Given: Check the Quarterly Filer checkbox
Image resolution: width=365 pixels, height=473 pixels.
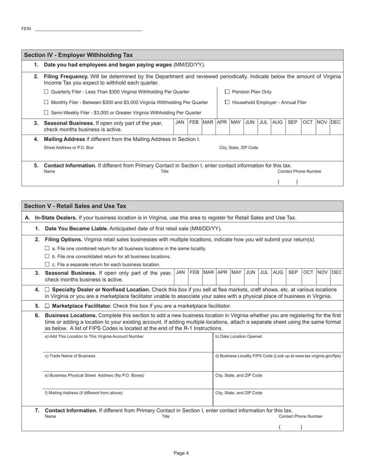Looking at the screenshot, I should [x=46, y=92].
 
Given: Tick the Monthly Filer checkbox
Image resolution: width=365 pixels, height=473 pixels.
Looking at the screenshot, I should [x=46, y=102].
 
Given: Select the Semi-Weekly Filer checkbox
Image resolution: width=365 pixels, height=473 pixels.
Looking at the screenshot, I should [x=46, y=113].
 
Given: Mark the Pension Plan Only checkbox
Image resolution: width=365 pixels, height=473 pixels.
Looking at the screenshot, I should [x=227, y=92].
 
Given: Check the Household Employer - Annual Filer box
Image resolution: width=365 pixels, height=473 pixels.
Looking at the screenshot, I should [x=227, y=102].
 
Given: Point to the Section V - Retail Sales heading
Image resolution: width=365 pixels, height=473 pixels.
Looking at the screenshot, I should [x=75, y=206].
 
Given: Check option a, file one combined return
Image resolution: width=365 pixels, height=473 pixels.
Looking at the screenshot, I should [x=47, y=248].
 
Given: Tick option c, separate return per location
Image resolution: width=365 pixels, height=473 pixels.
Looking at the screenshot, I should [x=47, y=265].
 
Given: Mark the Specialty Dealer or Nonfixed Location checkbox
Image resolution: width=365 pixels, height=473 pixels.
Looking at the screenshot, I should [x=47, y=290].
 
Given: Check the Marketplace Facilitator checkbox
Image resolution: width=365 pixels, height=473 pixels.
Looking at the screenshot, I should [x=47, y=306].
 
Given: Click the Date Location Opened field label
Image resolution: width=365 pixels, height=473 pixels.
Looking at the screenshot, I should [x=239, y=336].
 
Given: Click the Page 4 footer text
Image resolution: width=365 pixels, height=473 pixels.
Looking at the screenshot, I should [x=181, y=453].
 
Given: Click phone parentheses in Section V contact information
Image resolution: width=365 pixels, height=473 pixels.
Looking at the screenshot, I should [x=290, y=427].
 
